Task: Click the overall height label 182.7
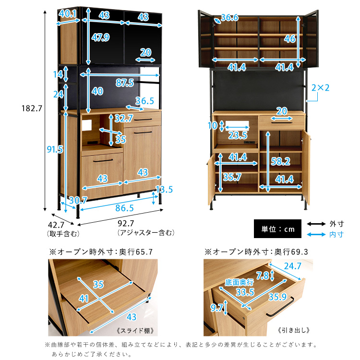pos(32,108)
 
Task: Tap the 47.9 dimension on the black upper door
pos(100,37)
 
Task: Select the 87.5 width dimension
pos(125,83)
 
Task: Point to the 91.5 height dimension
pos(55,149)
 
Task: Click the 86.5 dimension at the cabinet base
pos(124,208)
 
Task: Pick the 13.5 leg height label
pos(164,190)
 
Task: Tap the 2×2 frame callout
pos(320,88)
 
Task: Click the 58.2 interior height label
pos(281,161)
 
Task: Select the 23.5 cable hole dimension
pos(238,135)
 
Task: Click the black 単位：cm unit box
pos(277,228)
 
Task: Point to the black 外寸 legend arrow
pos(316,224)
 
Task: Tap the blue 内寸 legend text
pos(336,234)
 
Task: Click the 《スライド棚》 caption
pos(135,331)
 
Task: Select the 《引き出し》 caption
pos(294,330)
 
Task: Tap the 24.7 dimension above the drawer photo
pos(293,266)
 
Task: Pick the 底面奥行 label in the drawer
pos(239,282)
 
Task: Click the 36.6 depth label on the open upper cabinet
pos(229,17)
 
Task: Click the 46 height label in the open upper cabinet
pos(290,39)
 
